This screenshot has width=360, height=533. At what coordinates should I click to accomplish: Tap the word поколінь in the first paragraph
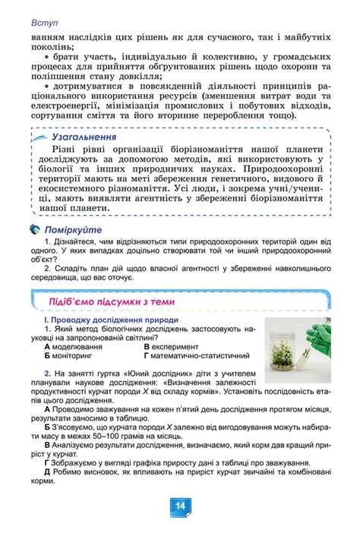(52, 45)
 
